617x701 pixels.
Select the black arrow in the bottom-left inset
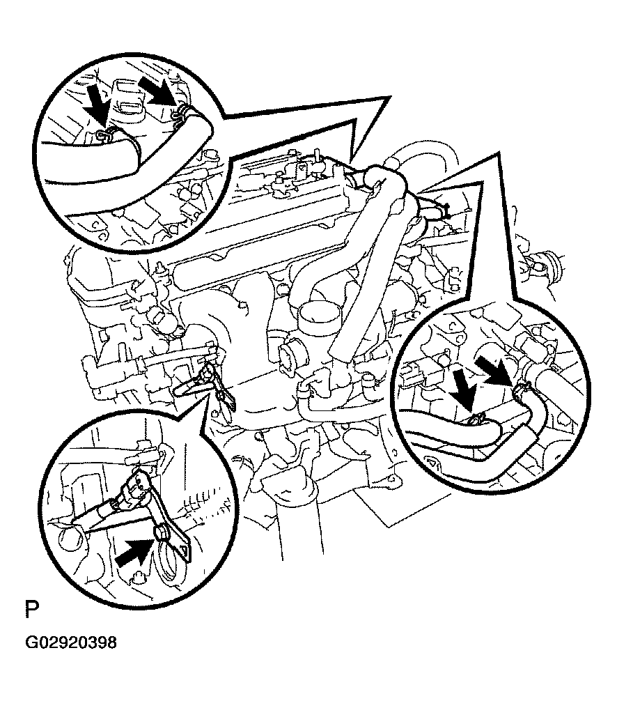[x=134, y=552]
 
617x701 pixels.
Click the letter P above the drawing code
[x=32, y=609]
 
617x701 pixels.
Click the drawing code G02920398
[x=72, y=642]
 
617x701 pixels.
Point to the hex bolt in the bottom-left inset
[x=160, y=533]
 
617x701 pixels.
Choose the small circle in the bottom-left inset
[x=70, y=538]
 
